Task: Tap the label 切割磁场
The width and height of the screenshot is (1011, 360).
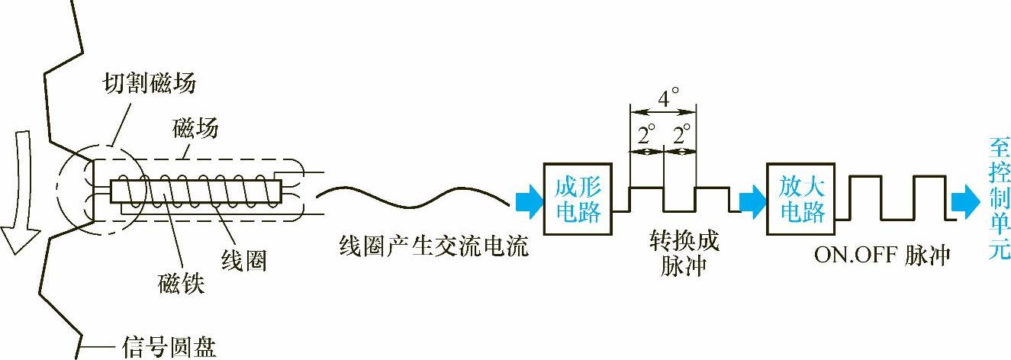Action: [149, 82]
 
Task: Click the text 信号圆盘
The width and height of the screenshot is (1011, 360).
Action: [169, 346]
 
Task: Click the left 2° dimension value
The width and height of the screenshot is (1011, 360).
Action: [647, 137]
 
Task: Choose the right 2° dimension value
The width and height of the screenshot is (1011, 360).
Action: [681, 137]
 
